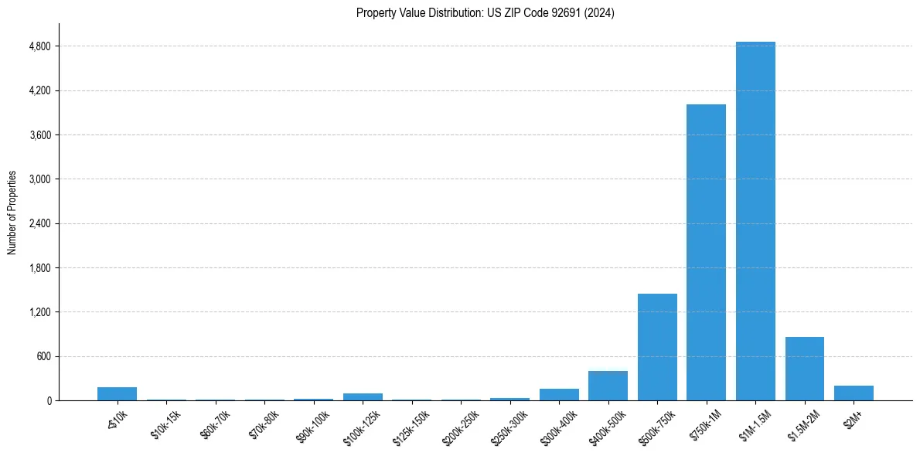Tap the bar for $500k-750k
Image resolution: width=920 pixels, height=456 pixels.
[x=657, y=347]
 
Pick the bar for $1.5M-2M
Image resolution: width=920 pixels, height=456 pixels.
[x=804, y=369]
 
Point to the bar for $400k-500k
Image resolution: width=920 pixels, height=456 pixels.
[x=608, y=386]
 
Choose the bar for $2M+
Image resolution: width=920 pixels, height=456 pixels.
[x=854, y=393]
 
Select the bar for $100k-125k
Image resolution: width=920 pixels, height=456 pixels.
[x=363, y=397]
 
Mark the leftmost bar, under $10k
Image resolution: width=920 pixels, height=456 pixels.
[x=117, y=394]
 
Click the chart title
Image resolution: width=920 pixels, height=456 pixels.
[x=485, y=13]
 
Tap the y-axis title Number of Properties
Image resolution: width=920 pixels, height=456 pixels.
[x=12, y=213]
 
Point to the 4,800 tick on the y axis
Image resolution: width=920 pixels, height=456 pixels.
[x=39, y=46]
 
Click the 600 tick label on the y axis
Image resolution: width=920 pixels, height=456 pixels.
[x=43, y=356]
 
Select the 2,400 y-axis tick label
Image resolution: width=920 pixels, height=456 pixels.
[x=39, y=223]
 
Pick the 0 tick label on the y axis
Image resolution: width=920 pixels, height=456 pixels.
[x=48, y=401]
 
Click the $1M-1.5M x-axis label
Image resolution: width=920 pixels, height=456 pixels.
[x=755, y=421]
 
